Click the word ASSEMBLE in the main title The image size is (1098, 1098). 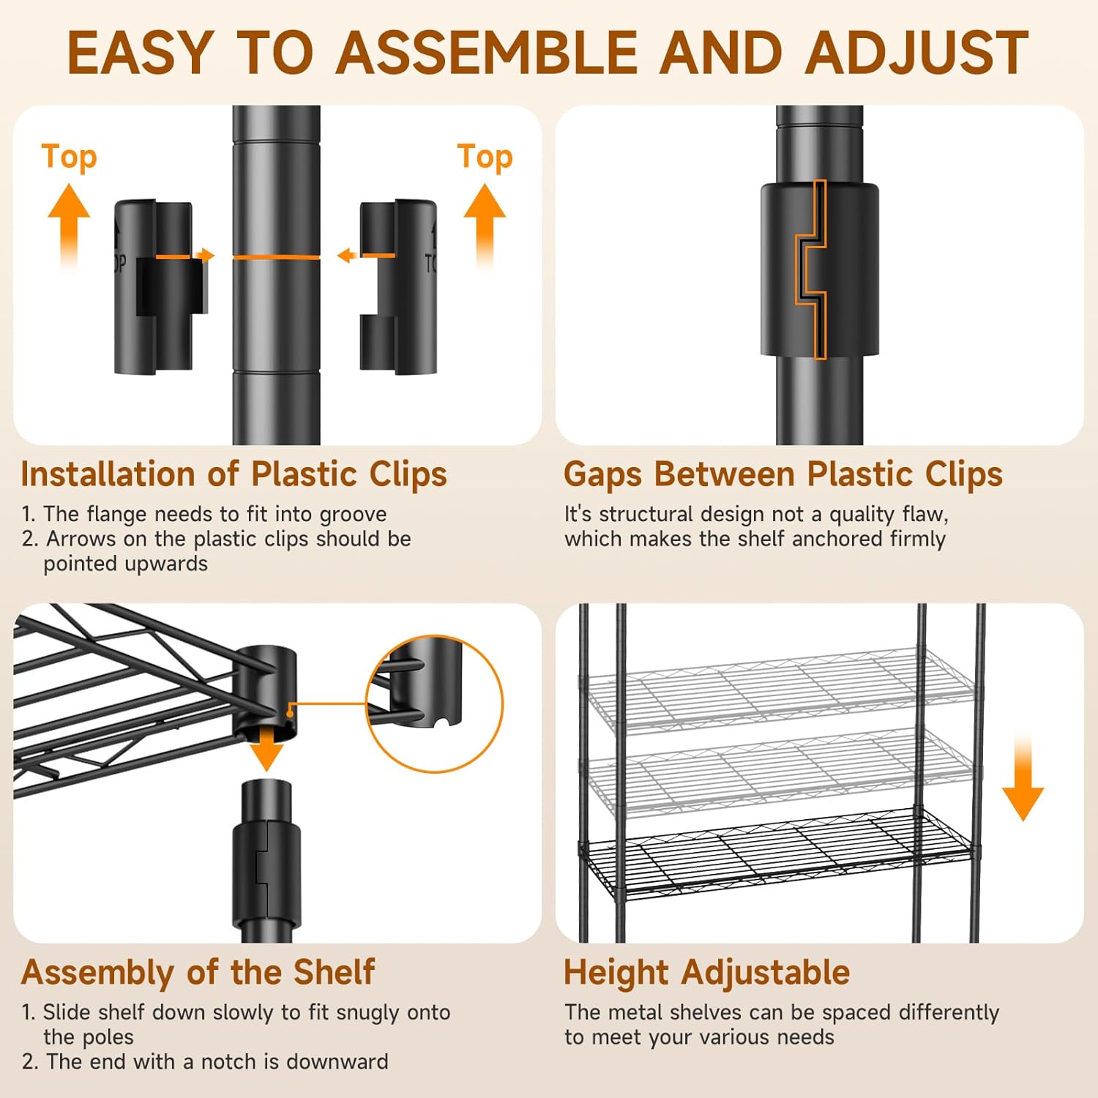[x=487, y=53]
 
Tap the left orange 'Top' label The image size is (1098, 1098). [x=69, y=157]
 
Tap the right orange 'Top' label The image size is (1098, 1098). [x=485, y=157]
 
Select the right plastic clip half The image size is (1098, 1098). [x=398, y=286]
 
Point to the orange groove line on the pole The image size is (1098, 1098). [x=276, y=257]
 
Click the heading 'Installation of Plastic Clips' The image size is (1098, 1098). [x=234, y=474]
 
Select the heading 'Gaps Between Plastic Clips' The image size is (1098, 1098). [x=783, y=474]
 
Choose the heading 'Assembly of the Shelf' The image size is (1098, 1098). [x=198, y=973]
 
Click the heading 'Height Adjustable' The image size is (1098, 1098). [x=706, y=973]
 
